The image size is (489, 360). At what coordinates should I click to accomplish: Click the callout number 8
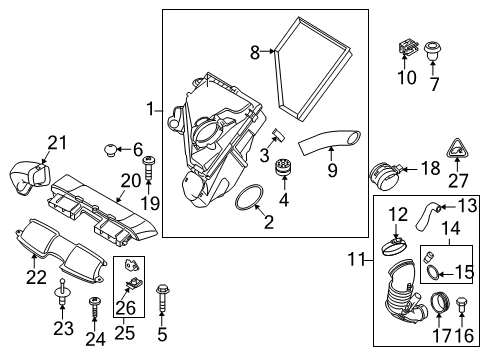255,52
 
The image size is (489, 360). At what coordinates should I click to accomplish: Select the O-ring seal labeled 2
249,198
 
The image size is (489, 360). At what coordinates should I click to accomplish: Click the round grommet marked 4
284,167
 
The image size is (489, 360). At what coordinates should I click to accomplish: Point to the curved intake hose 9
328,141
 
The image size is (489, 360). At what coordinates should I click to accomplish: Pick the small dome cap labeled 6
110,150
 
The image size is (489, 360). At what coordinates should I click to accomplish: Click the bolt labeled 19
148,168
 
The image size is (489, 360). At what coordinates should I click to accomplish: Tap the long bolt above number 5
162,297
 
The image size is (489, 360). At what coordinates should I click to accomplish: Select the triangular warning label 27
457,149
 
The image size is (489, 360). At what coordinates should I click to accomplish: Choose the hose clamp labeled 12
395,246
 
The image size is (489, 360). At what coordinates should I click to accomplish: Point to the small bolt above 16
462,304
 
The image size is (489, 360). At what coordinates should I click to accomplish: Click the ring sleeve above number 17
440,302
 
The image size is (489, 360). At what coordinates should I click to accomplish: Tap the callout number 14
451,229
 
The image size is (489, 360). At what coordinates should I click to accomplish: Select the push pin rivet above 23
62,292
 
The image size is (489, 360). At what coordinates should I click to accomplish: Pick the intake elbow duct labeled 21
30,178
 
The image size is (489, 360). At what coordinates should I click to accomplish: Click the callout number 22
36,277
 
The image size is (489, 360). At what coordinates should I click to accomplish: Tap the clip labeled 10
408,48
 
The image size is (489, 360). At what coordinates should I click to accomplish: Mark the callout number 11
357,259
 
